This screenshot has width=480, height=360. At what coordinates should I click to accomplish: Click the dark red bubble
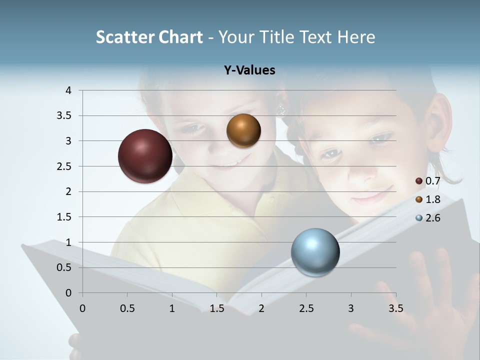(x=145, y=156)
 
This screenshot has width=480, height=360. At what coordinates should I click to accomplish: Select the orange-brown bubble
(x=243, y=131)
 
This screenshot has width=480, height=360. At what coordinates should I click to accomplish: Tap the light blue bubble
(x=315, y=252)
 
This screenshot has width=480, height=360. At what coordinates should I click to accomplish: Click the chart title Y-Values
(x=249, y=70)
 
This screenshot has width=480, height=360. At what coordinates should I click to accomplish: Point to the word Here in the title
(x=355, y=37)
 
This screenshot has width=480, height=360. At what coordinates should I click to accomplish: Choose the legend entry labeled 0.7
(x=428, y=180)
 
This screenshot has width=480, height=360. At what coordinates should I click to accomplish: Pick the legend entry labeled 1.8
(x=428, y=199)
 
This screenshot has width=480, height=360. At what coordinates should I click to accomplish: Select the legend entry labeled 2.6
(x=428, y=218)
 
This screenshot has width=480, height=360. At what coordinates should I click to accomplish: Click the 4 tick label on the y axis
(x=68, y=90)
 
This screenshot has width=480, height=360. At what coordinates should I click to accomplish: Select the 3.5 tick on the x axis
(x=395, y=308)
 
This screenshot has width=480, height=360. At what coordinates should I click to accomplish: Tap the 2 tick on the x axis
(x=261, y=308)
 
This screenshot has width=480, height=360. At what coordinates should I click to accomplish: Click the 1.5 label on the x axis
(x=216, y=308)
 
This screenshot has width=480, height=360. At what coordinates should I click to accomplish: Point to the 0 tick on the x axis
(x=82, y=308)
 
